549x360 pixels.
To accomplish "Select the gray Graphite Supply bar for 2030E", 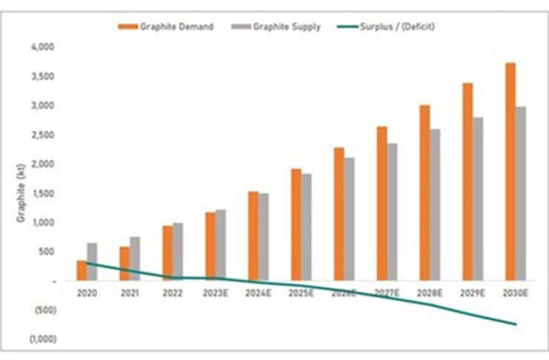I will [x=522, y=194].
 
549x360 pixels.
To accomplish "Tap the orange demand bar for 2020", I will [x=81, y=271].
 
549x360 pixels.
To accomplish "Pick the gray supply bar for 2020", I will [x=92, y=262].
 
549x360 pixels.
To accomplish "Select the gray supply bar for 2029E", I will [x=479, y=199].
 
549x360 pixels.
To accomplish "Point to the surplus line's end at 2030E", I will [x=516, y=324].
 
